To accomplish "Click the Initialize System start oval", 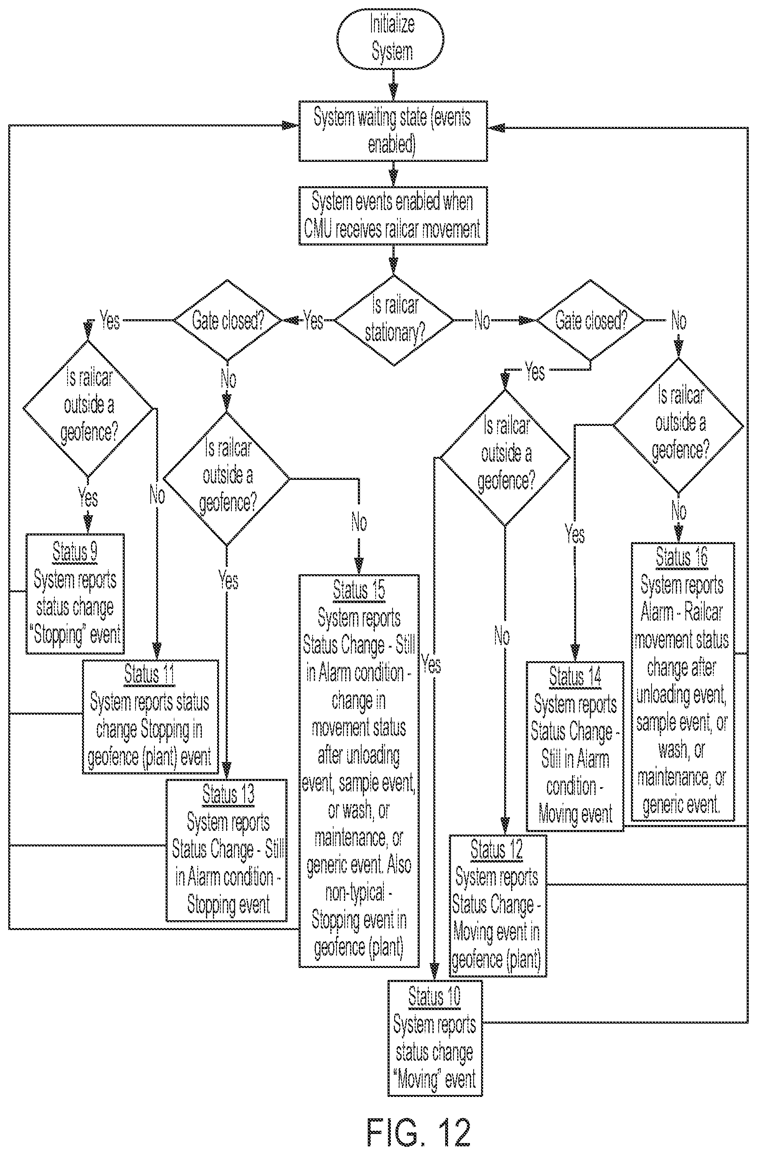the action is coord(390,39).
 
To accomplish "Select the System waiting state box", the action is coord(393,131).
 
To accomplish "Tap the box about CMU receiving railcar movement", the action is coord(393,215).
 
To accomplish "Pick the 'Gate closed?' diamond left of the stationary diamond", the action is coord(228,320).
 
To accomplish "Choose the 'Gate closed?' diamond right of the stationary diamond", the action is coord(590,320).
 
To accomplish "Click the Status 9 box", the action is coord(75,594).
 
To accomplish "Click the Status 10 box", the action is coord(435,1038).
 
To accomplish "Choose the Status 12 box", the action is coord(498,905).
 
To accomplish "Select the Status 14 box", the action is coord(575,746).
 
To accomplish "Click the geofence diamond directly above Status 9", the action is coord(88,408).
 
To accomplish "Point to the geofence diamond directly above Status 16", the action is coord(678,426).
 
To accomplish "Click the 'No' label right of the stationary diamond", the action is coord(481,321).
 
